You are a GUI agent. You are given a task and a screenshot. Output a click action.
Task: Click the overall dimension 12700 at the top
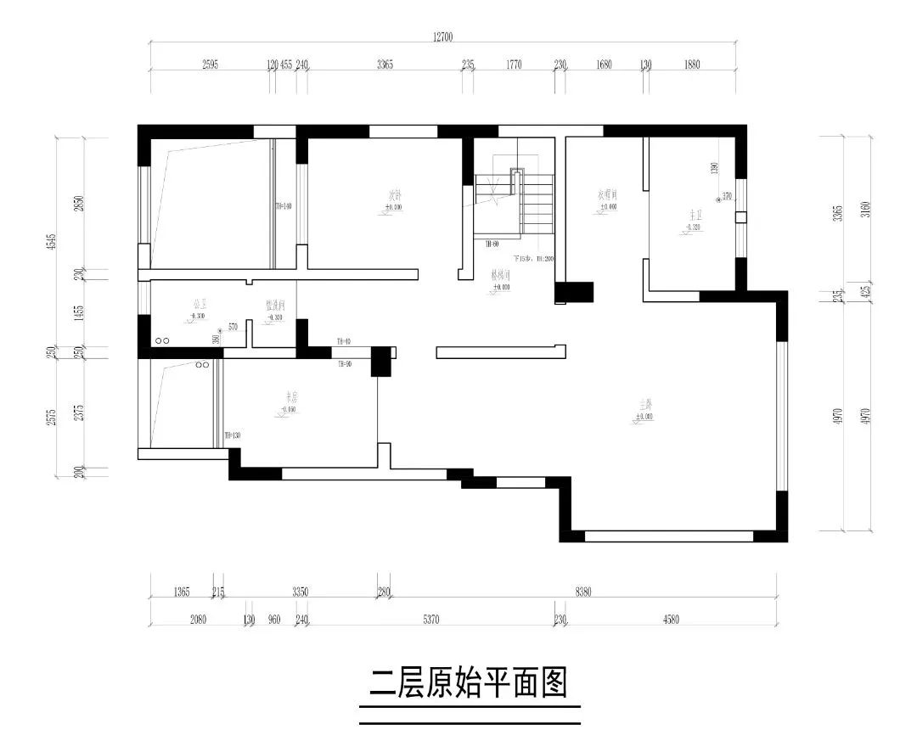(442, 36)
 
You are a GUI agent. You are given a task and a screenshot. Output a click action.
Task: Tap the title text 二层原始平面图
(469, 682)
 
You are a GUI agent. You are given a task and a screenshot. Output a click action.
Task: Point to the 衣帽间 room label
(607, 194)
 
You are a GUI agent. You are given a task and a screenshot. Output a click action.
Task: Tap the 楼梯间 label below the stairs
(500, 276)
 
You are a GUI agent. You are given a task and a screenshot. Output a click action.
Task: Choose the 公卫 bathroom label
(200, 303)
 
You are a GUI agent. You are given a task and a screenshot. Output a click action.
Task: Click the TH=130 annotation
(231, 436)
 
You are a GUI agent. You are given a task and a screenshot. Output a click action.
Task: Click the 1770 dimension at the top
(513, 65)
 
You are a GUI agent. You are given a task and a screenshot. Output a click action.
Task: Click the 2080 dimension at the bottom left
(198, 620)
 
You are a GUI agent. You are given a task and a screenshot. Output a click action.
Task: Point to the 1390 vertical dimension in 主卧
(714, 168)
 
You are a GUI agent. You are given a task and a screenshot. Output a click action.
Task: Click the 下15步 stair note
(532, 258)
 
